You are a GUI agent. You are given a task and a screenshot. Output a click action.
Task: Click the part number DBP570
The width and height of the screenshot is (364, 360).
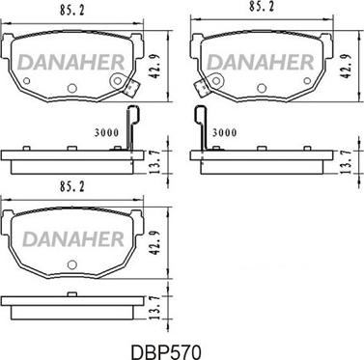(166, 351)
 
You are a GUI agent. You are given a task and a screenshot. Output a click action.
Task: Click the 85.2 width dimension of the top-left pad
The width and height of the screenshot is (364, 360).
(71, 11)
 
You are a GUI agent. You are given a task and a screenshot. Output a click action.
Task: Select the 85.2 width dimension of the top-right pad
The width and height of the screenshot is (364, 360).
(262, 7)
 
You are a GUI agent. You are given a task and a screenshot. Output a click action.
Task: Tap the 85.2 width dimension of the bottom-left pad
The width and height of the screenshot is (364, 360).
(71, 187)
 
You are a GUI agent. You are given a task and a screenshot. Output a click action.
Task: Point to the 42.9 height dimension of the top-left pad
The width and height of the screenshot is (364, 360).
(154, 67)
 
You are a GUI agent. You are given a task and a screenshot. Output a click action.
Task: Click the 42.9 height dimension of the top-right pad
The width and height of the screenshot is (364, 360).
(346, 67)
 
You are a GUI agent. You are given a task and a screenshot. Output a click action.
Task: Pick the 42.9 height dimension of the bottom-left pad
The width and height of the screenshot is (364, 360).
(154, 244)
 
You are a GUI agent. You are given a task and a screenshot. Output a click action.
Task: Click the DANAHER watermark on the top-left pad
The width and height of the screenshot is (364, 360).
(71, 63)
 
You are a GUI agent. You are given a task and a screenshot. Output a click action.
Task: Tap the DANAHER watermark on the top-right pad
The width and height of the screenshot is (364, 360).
(261, 63)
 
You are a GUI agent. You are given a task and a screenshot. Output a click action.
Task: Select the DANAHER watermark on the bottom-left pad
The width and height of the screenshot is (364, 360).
(73, 239)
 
